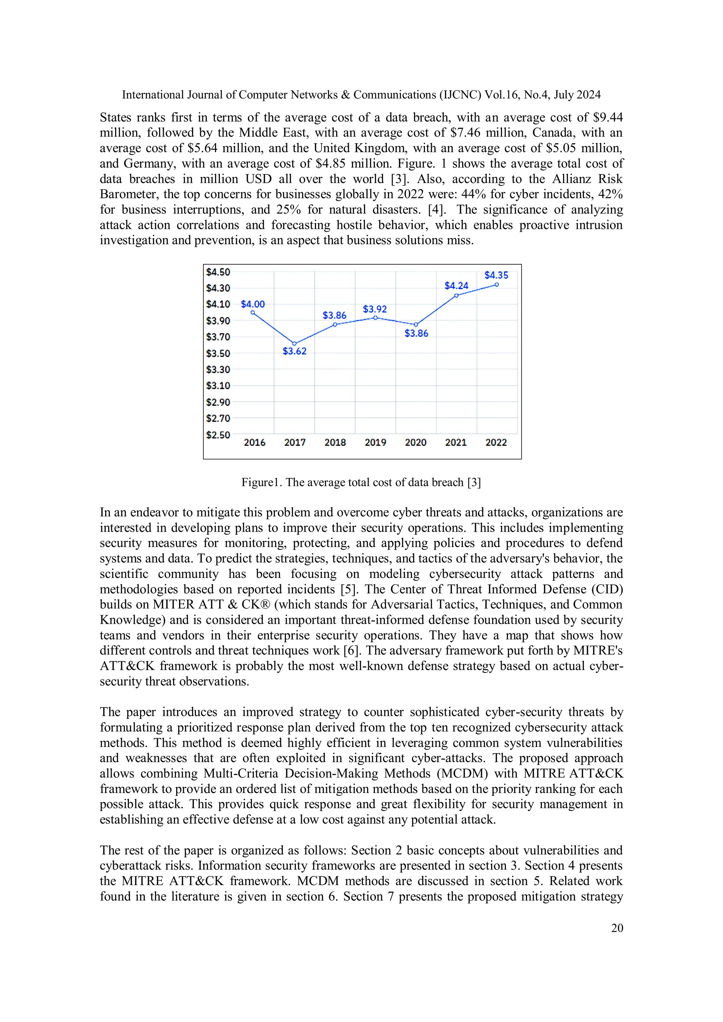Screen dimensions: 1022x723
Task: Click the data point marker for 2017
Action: [x=294, y=344]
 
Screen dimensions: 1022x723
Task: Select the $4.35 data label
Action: [x=496, y=275]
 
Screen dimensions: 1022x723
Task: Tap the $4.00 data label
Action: [x=252, y=304]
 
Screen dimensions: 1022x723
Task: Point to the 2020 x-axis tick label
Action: [x=416, y=442]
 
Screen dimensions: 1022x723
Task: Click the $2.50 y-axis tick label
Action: [x=218, y=435]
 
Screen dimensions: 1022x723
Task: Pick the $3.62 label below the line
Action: [x=294, y=351]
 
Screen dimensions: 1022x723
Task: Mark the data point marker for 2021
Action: [x=456, y=296]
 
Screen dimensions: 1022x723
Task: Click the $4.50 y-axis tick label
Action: [x=218, y=272]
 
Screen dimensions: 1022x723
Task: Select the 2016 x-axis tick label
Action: [x=255, y=442]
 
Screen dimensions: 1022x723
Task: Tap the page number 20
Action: [x=617, y=928]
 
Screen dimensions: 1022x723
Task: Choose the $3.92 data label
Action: [x=375, y=309]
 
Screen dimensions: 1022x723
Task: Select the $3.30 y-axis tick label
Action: [x=218, y=369]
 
